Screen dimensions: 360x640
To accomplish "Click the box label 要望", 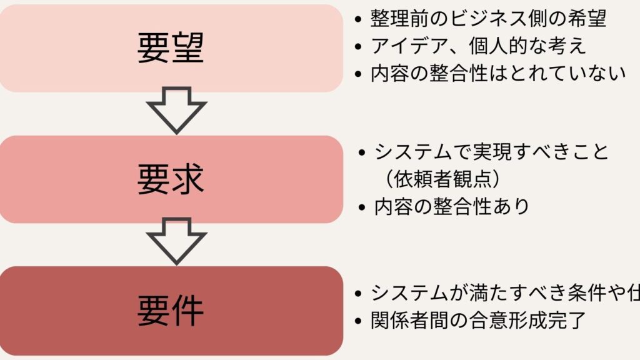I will (x=171, y=48).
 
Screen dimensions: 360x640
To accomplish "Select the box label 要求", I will (x=171, y=179).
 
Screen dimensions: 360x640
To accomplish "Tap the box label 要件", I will (x=171, y=310).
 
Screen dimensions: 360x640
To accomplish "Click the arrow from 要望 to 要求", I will (x=176, y=110).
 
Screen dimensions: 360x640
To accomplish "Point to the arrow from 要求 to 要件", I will (x=176, y=241).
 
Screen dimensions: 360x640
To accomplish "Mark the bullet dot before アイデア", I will (x=358, y=47).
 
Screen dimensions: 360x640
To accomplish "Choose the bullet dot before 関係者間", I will (x=358, y=322).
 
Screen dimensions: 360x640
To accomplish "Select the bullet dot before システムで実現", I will (x=362, y=152).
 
